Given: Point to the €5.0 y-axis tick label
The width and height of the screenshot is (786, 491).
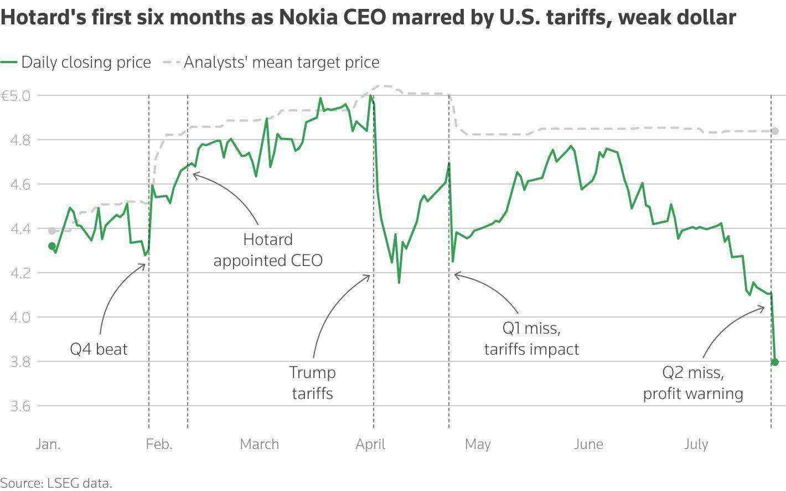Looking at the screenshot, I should [16, 96].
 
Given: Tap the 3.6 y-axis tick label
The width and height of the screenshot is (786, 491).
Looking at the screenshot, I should [20, 406].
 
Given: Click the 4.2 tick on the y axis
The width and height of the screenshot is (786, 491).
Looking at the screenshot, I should [20, 273].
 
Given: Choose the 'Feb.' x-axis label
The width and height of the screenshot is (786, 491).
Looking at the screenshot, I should [159, 444].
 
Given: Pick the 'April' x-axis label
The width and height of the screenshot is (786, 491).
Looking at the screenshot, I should [370, 444].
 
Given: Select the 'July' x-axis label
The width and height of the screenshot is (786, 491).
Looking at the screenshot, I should [696, 444].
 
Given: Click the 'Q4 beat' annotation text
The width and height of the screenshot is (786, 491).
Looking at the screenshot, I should [99, 349].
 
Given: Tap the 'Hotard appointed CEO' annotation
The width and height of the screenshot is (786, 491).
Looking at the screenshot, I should [268, 250].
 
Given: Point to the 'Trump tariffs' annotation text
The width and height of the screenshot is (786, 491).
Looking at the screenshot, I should [312, 383].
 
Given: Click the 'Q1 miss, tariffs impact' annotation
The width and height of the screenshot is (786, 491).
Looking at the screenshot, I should [531, 339].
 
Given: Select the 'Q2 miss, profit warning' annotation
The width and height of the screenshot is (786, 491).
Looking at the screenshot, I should [693, 383].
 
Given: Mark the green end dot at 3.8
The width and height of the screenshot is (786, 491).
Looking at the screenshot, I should [775, 362].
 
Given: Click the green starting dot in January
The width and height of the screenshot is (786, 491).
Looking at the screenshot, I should [52, 246].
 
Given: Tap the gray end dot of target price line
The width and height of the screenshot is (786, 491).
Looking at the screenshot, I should [775, 131].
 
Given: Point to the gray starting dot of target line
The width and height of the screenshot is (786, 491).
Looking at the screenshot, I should [52, 231].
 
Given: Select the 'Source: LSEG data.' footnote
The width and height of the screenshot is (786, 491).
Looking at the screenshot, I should [56, 483].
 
